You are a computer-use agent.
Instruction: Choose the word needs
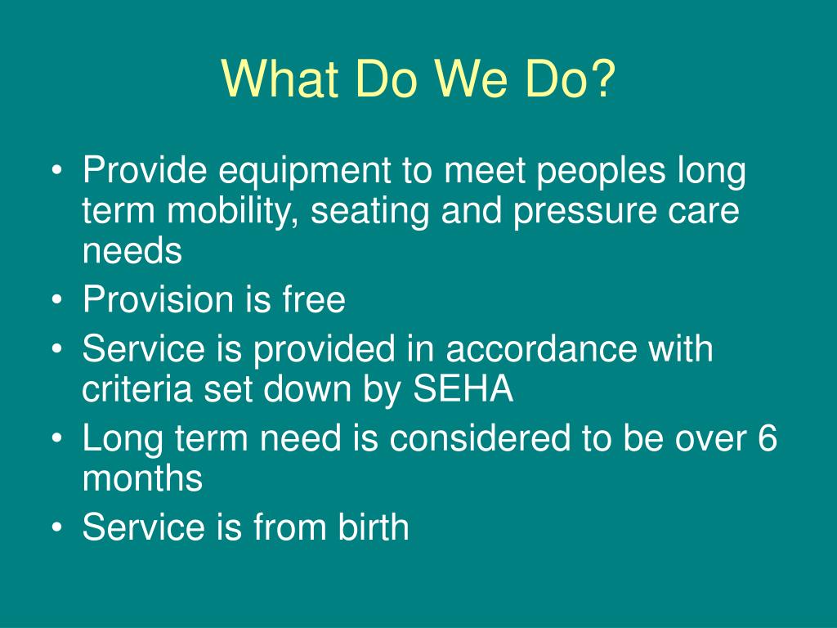coord(132,251)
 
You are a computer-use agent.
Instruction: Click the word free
coord(314,300)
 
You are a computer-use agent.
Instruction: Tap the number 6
coord(767,439)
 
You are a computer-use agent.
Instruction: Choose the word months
coord(142,478)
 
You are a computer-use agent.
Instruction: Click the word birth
coord(374,527)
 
